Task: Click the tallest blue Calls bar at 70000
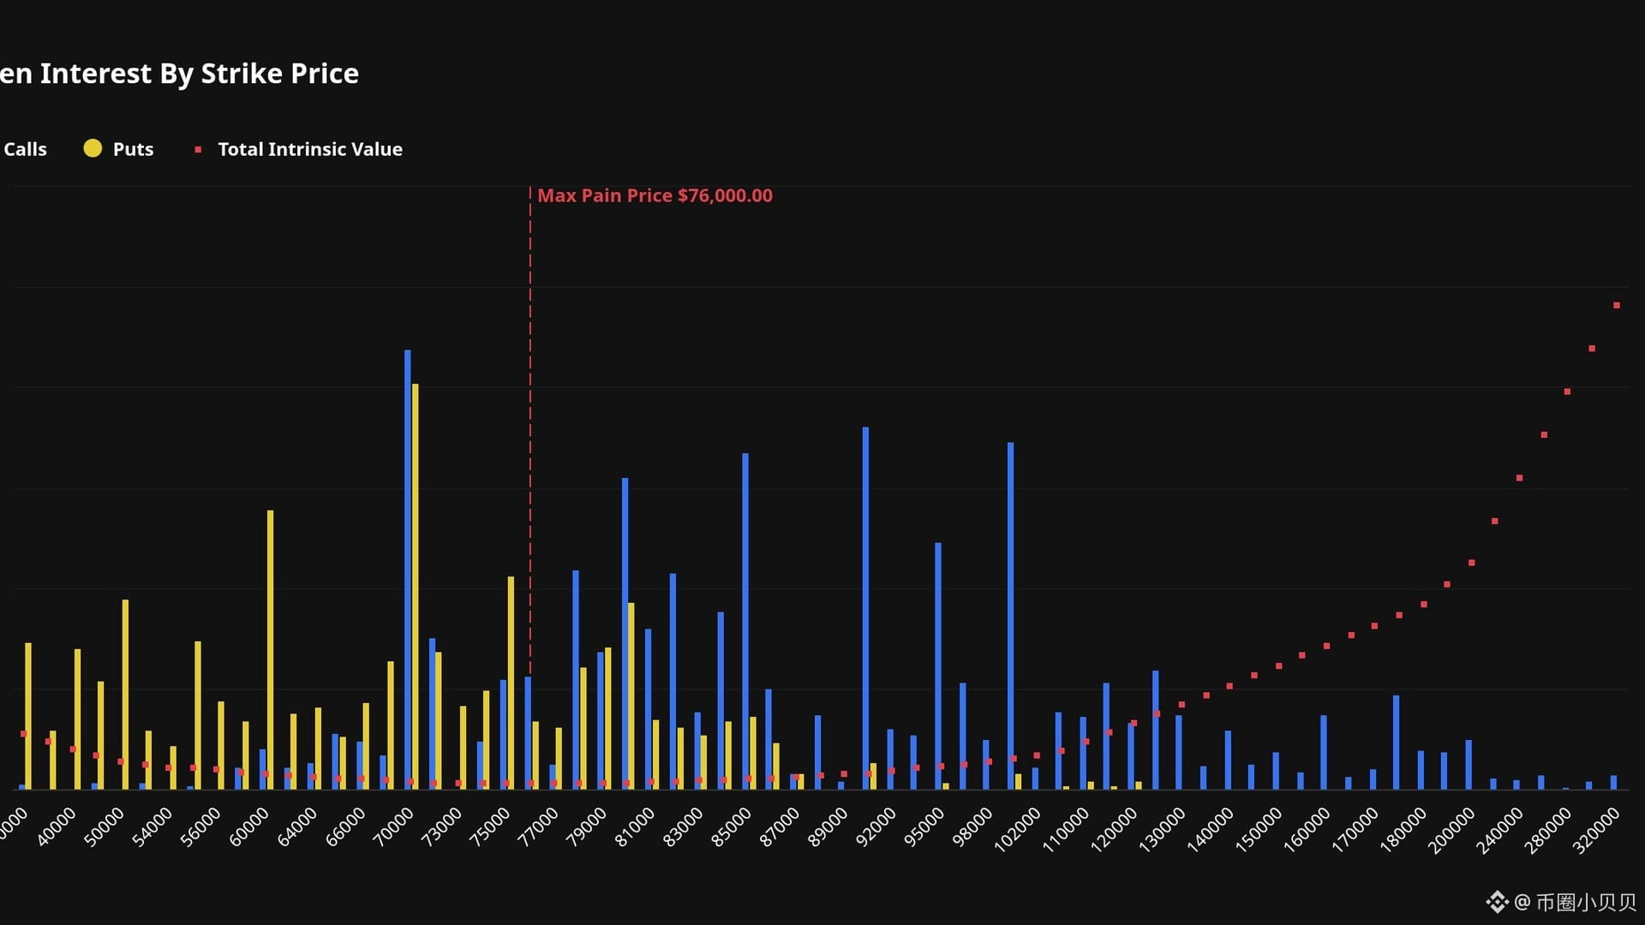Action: tap(408, 569)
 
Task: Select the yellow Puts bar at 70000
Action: tap(416, 586)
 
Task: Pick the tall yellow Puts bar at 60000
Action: tap(271, 649)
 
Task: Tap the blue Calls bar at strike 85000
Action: tap(745, 621)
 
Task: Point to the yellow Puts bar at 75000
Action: tap(511, 683)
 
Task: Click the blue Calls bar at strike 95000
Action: tap(938, 665)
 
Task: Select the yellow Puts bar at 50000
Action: tap(125, 694)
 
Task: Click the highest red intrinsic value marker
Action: tap(1617, 305)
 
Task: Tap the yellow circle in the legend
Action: tap(93, 148)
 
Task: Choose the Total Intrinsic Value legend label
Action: tap(310, 149)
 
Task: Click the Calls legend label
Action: tap(25, 149)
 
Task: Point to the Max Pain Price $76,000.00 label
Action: tap(655, 195)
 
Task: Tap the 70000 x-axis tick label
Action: tap(393, 827)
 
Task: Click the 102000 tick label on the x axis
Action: tap(1017, 830)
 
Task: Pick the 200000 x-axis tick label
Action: tap(1451, 830)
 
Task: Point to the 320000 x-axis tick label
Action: tap(1596, 830)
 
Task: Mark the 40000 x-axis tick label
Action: tap(56, 827)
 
